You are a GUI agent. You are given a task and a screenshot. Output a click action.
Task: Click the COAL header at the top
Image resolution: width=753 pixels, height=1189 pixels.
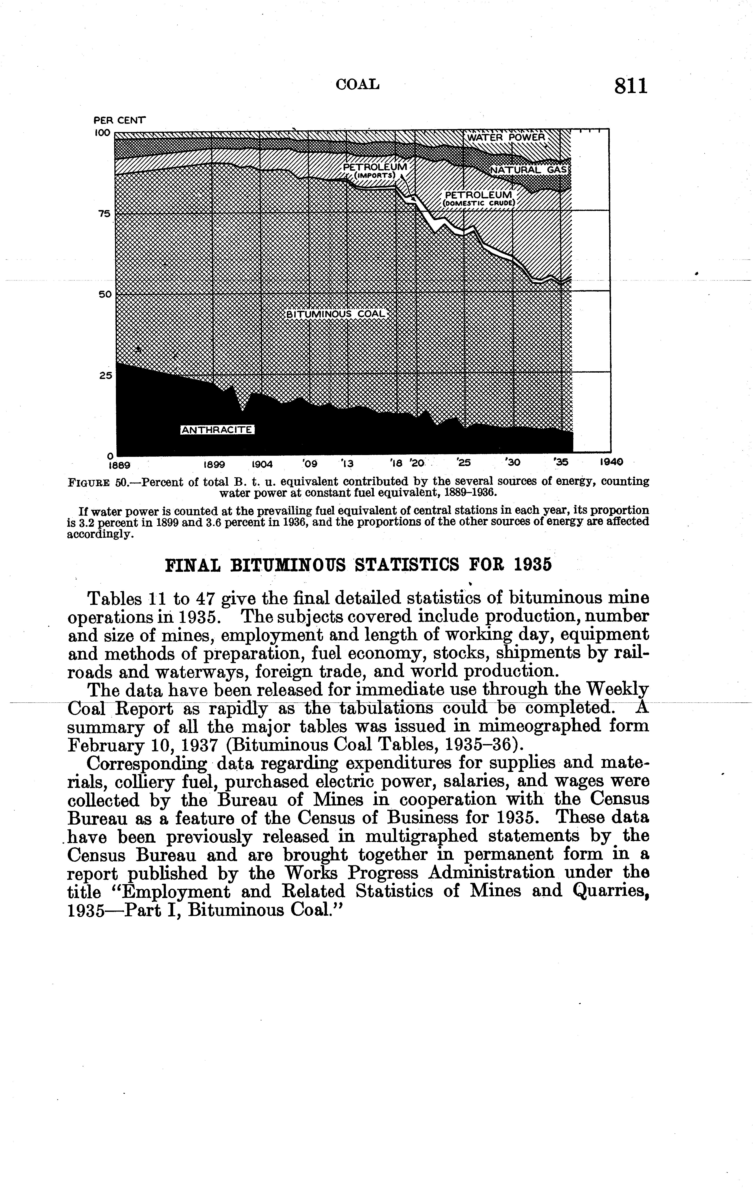tap(357, 85)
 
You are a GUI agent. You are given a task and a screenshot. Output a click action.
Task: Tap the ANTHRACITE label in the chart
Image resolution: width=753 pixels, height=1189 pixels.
tap(217, 430)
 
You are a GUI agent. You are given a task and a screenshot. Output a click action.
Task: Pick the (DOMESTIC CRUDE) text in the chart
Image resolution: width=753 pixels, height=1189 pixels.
tap(478, 202)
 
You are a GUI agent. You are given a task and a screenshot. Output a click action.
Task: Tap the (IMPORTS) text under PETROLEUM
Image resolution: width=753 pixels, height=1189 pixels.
tap(375, 175)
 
